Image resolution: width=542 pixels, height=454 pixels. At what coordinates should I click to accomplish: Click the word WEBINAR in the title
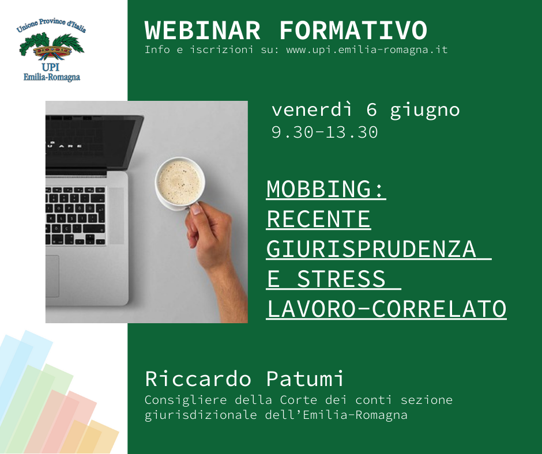click(x=202, y=31)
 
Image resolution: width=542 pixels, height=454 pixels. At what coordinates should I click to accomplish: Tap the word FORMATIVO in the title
click(x=353, y=31)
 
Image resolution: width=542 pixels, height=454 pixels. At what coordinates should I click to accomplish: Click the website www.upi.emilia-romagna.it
click(x=367, y=50)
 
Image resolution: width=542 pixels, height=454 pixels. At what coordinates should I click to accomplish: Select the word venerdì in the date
click(x=312, y=110)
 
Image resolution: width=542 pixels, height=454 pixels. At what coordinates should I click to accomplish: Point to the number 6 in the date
click(x=371, y=110)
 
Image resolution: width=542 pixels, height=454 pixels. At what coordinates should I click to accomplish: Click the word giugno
click(x=425, y=111)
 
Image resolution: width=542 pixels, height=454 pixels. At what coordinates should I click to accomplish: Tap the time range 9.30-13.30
click(x=325, y=133)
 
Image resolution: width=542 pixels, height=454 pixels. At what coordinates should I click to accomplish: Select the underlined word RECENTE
click(x=318, y=219)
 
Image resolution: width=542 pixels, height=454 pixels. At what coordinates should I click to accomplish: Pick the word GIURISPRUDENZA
click(x=371, y=249)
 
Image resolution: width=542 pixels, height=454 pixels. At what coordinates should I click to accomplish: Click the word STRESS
click(x=341, y=279)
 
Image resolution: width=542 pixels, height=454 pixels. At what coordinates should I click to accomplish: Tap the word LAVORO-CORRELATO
click(x=387, y=309)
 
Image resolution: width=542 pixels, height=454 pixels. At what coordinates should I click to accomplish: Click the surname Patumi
click(x=305, y=379)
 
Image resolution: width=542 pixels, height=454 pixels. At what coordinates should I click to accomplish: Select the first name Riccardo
click(x=198, y=379)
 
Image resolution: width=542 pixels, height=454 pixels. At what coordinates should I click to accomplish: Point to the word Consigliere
click(x=186, y=400)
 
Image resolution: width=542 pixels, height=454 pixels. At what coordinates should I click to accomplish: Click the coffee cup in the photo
click(x=180, y=183)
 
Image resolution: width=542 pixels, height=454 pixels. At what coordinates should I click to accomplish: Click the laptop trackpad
click(x=52, y=276)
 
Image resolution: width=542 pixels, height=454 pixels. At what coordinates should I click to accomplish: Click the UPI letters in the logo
click(x=51, y=67)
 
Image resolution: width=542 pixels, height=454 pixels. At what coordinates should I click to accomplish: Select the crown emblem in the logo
click(x=52, y=52)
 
